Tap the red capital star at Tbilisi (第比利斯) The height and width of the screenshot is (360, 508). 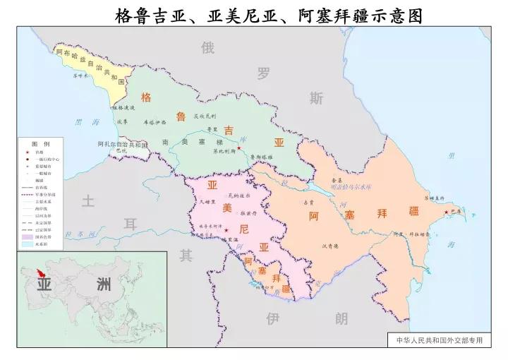(x=239, y=148)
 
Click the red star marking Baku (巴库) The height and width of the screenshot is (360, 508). (x=445, y=212)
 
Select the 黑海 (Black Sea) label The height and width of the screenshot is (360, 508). (x=87, y=122)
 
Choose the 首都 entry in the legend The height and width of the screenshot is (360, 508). (x=40, y=152)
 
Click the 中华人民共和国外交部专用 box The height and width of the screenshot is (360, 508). (x=439, y=340)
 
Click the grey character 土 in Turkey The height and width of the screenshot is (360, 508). (x=87, y=202)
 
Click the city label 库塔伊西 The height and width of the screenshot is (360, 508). (x=155, y=121)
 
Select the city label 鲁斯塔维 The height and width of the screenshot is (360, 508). (x=262, y=157)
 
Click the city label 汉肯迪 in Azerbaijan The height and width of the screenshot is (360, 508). (x=331, y=246)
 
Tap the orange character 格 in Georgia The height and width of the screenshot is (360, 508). (x=146, y=97)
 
